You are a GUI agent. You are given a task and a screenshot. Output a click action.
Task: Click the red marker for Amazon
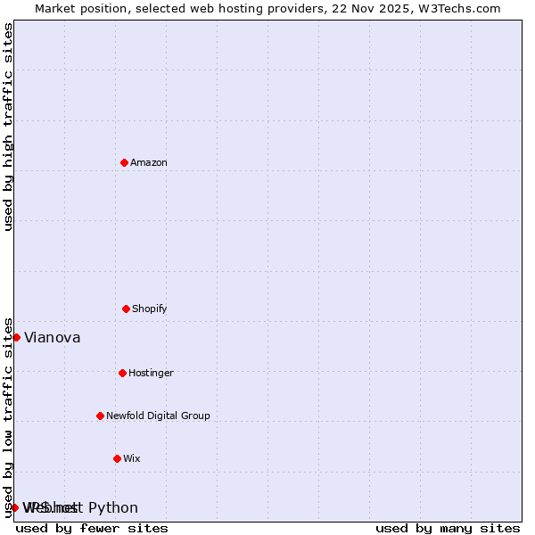(x=124, y=162)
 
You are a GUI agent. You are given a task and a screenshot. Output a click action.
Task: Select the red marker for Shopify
(x=126, y=309)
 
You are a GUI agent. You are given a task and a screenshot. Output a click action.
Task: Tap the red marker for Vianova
(x=16, y=337)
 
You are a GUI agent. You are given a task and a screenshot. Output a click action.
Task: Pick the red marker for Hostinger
(x=122, y=373)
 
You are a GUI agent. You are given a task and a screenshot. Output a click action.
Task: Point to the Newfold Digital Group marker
(x=100, y=416)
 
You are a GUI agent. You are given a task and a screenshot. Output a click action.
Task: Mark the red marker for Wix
(x=117, y=458)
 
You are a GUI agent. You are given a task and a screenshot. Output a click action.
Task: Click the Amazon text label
(x=149, y=162)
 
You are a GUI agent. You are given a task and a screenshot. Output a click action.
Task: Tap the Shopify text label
(x=150, y=309)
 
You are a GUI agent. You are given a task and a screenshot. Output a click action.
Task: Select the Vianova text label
(x=53, y=338)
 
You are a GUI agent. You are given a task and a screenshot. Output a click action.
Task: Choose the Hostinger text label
(x=151, y=373)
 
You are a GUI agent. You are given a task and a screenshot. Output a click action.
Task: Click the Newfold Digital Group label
(x=158, y=416)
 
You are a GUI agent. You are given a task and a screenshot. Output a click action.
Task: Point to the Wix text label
(x=132, y=458)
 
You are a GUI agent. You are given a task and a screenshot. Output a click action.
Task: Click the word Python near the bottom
(x=113, y=508)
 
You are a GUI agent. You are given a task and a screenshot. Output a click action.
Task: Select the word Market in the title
(x=57, y=8)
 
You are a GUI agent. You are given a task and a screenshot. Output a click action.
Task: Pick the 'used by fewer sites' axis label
(x=92, y=528)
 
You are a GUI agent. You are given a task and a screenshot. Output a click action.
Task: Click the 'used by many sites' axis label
(x=448, y=528)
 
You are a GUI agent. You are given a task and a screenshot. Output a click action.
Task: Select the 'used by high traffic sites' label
(x=8, y=127)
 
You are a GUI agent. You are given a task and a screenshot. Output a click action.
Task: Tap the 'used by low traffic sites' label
(x=8, y=416)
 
